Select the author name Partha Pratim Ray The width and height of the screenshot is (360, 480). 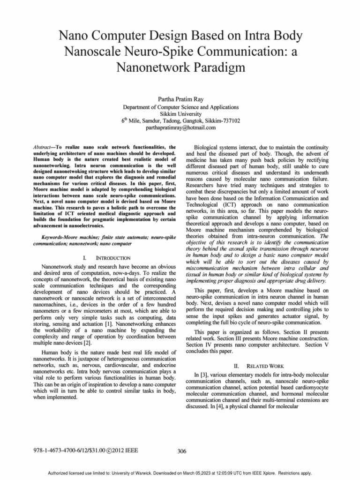coord(180,99)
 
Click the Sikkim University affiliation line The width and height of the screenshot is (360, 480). coord(180,113)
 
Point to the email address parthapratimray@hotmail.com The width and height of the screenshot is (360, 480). coord(180,127)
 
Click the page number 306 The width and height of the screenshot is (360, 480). coord(182,451)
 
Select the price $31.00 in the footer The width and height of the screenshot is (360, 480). coord(97,450)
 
